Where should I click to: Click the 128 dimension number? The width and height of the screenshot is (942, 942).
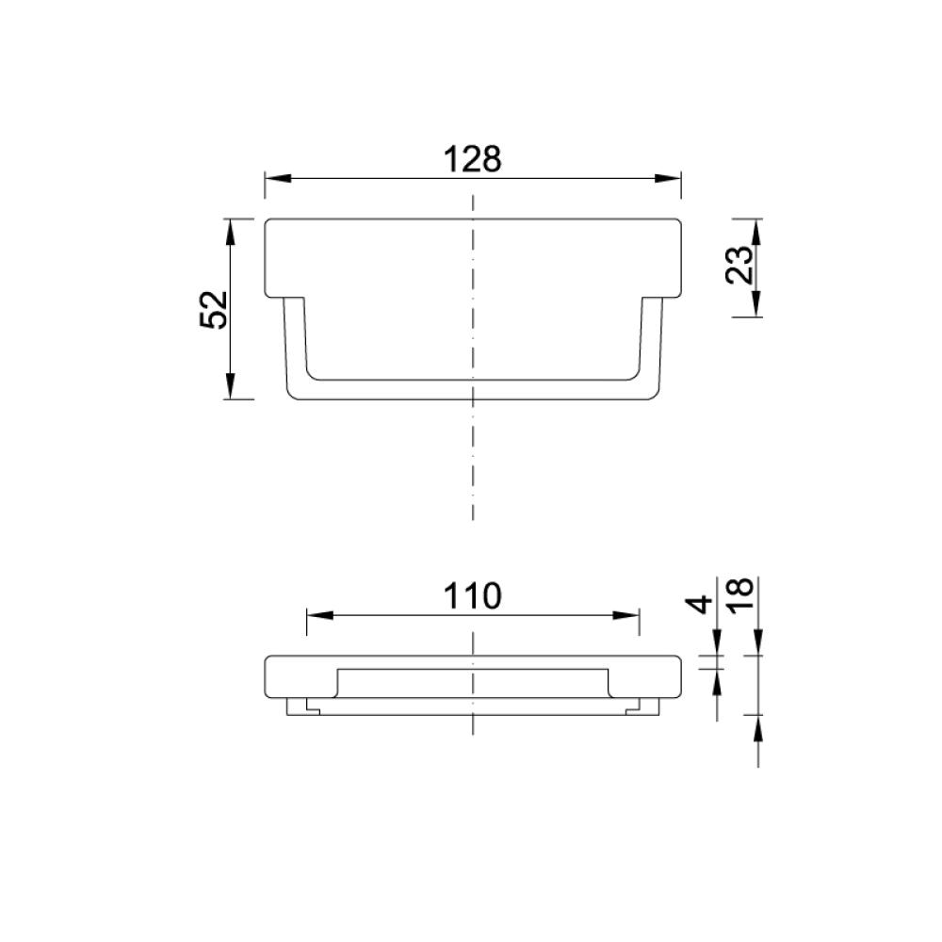coord(472,160)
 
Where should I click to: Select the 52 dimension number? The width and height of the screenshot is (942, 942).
coord(214,309)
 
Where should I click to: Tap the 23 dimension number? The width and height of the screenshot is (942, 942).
coord(739,265)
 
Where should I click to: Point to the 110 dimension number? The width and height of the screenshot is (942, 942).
coord(472,596)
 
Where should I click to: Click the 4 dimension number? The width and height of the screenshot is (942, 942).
coord(699,604)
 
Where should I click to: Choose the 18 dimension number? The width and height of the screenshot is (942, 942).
coord(739,594)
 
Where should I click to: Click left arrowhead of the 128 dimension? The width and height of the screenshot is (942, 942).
coord(278,178)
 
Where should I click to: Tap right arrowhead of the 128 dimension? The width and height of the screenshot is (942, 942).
coord(668,178)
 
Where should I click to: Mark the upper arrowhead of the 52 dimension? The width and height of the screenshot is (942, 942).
coord(230,232)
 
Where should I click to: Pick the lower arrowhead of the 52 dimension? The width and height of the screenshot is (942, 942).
coord(230,385)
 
